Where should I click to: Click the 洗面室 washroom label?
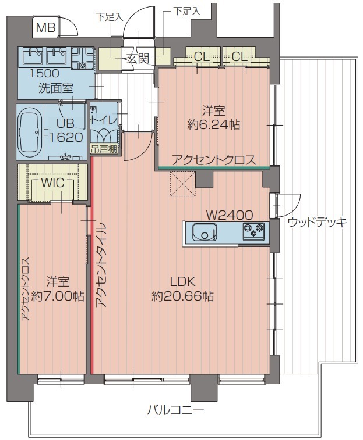(55, 89)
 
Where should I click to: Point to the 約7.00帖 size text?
(57, 296)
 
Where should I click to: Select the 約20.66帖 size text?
(182, 296)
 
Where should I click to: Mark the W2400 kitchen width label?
(224, 213)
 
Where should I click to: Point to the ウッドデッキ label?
(317, 221)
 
